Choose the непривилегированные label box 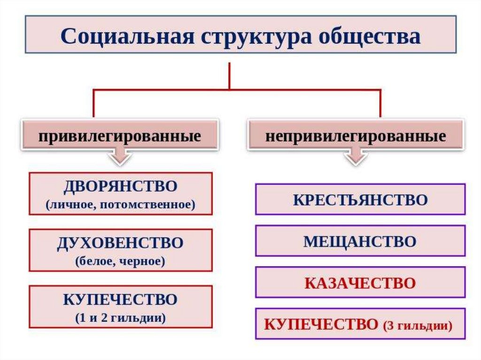click(356, 136)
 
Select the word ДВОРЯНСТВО click(120, 187)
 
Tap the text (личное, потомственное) click(120, 205)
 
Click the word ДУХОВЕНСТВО click(120, 243)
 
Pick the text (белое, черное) click(120, 261)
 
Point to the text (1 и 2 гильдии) click(120, 318)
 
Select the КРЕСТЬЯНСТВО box click(360, 199)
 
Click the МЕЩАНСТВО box click(360, 241)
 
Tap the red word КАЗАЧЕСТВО click(360, 283)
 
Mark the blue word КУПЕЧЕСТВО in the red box click(120, 299)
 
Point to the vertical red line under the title click(229, 75)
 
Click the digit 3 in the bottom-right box click(391, 325)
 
